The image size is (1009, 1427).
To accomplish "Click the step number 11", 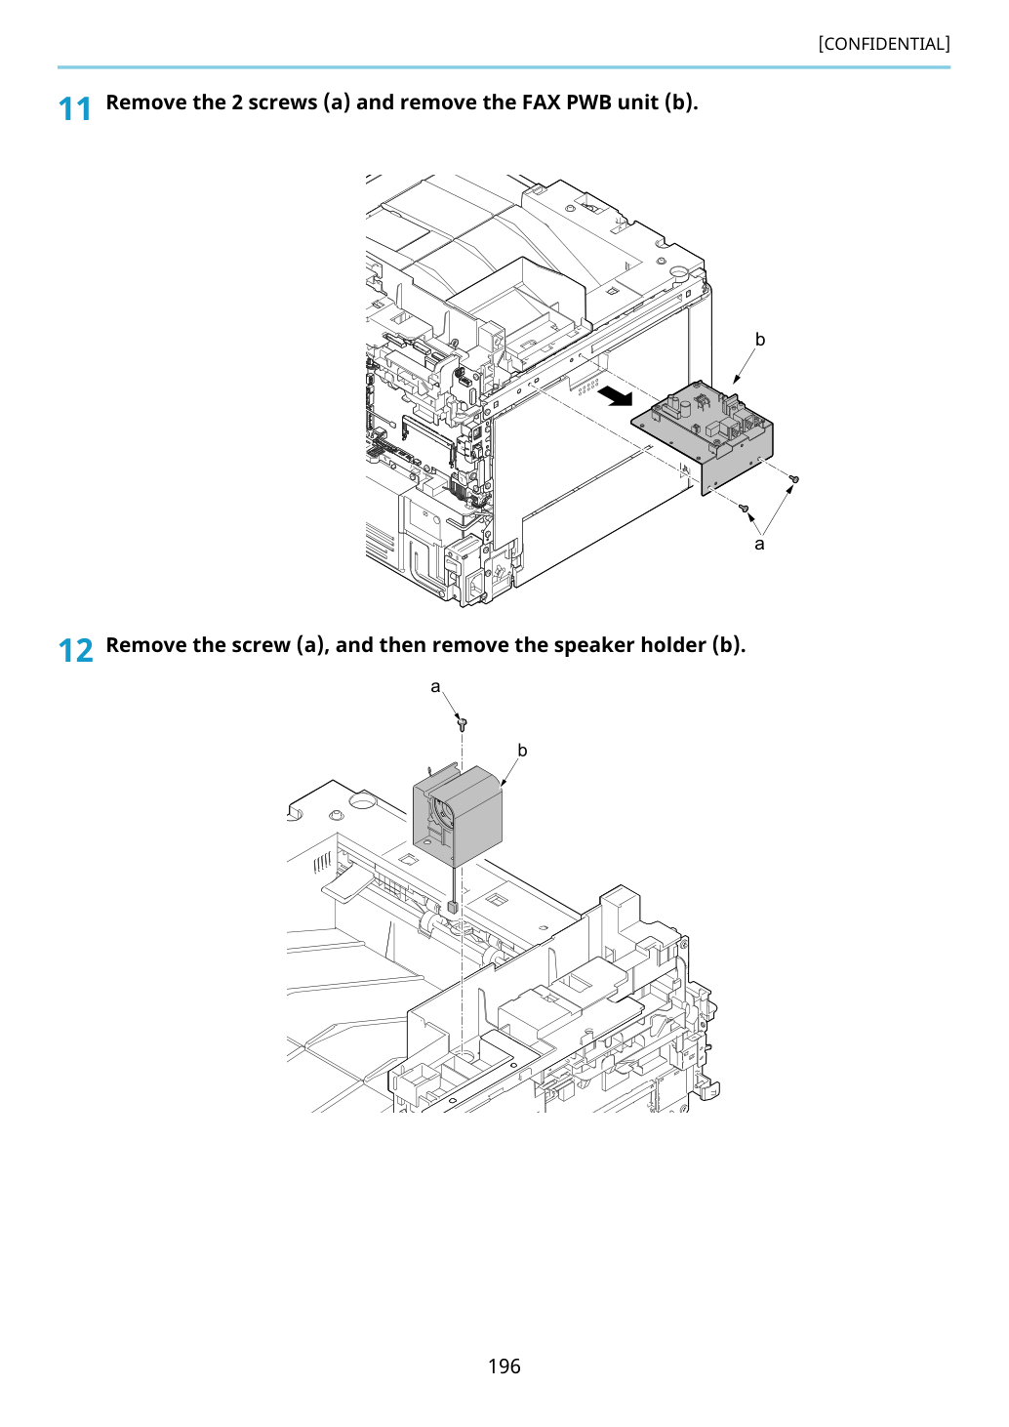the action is pyautogui.click(x=74, y=109).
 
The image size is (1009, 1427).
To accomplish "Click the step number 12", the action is pyautogui.click(x=75, y=651).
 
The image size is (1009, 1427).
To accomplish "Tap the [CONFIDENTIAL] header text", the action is pyautogui.click(x=883, y=44).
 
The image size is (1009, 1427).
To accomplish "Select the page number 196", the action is pyautogui.click(x=504, y=1366).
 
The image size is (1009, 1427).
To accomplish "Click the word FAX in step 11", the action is pyautogui.click(x=541, y=102).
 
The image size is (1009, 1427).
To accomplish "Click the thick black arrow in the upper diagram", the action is pyautogui.click(x=616, y=397).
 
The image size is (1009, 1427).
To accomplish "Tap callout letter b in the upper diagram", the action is pyautogui.click(x=759, y=340).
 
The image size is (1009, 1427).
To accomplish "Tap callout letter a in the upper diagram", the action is pyautogui.click(x=758, y=544).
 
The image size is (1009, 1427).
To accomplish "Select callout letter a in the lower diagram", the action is pyautogui.click(x=435, y=687).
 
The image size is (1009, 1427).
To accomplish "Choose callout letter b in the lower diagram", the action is pyautogui.click(x=522, y=751).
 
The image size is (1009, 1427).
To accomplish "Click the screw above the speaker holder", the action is pyautogui.click(x=463, y=723).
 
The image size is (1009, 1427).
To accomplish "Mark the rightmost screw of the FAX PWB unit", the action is pyautogui.click(x=793, y=478).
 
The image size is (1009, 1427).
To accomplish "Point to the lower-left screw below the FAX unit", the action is pyautogui.click(x=742, y=508).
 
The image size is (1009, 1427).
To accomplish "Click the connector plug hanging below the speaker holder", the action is pyautogui.click(x=453, y=907).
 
